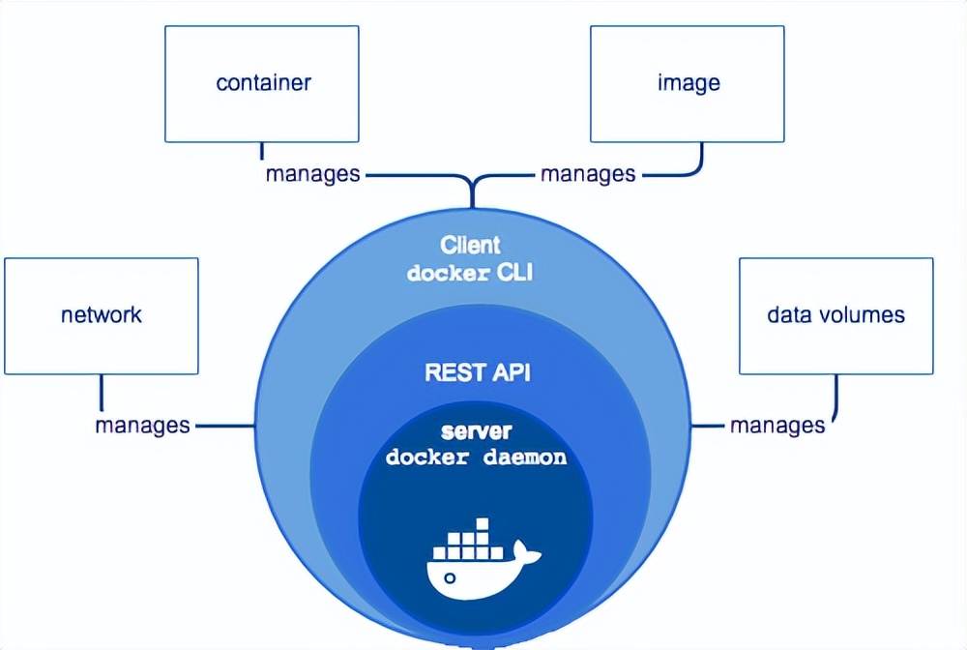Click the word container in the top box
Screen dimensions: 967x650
[263, 82]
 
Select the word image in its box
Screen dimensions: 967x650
[689, 82]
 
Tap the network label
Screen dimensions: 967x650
[102, 315]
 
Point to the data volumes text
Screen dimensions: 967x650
[835, 315]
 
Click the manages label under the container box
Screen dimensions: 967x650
[312, 174]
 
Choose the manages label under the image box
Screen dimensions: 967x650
[588, 174]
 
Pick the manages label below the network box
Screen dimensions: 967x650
[142, 426]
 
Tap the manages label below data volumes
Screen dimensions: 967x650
[777, 426]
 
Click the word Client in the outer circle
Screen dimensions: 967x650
[470, 246]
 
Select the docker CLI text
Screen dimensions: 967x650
[470, 273]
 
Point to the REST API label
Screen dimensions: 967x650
[478, 372]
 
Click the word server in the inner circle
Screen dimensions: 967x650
[477, 431]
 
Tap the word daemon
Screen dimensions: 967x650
[525, 457]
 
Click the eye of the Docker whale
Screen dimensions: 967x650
[451, 577]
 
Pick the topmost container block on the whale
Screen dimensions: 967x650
[483, 524]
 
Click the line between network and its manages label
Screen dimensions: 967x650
[102, 394]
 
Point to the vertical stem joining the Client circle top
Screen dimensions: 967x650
[473, 193]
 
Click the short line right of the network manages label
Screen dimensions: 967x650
[225, 426]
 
